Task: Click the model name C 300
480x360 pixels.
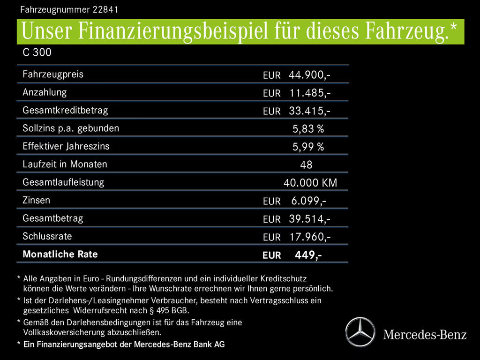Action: point(37,53)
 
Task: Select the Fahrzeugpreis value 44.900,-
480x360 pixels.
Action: point(309,75)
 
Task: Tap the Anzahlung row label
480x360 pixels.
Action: point(45,92)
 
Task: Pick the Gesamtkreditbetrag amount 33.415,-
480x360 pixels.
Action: point(309,111)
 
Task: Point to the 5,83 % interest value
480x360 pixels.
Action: point(308,129)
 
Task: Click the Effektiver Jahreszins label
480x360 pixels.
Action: point(66,146)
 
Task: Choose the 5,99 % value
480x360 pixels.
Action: point(308,147)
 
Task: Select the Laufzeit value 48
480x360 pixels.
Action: point(306,165)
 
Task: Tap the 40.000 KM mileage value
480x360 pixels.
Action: point(310,183)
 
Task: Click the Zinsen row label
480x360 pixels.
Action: point(36,200)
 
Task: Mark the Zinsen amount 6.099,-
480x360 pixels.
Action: point(308,201)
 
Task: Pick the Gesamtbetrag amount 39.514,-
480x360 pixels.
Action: point(309,219)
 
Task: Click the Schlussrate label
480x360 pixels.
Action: point(47,236)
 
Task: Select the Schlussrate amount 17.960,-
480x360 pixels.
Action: point(309,237)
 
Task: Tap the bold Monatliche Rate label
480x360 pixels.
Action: point(60,254)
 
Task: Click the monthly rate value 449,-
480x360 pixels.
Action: point(307,255)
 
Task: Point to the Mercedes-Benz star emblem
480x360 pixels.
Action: point(360,332)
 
